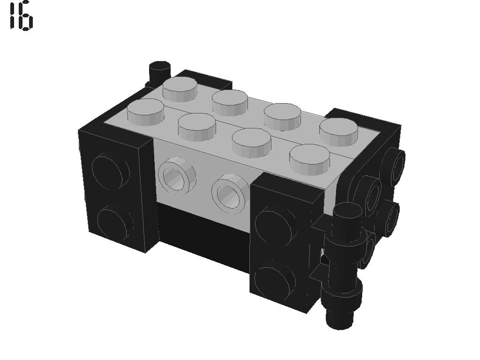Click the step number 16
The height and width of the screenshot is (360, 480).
click(x=21, y=15)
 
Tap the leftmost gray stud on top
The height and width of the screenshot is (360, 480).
click(x=145, y=112)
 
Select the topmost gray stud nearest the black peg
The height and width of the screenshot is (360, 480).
click(x=180, y=89)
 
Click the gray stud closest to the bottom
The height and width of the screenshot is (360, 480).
click(x=310, y=159)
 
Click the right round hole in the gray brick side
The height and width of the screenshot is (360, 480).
click(x=230, y=191)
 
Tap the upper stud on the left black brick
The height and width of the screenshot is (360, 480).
click(x=110, y=170)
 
